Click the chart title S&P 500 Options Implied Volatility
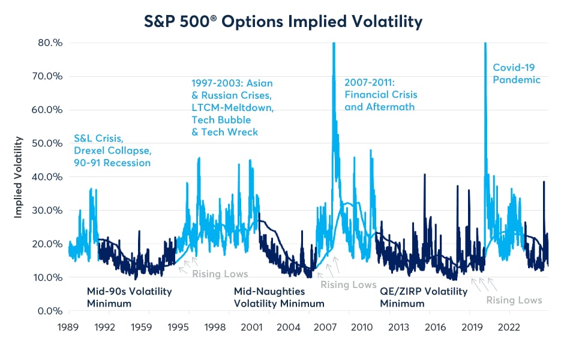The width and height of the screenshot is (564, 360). pos(281,22)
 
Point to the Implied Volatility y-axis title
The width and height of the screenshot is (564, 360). pos(19,177)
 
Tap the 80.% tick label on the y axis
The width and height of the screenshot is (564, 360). pos(51,43)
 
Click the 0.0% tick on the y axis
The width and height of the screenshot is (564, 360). pos(52,311)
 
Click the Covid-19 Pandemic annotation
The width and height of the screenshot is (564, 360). pos(517,74)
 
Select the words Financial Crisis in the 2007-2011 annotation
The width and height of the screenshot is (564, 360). pos(380,95)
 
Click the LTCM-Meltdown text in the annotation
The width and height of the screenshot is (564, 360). pos(233,107)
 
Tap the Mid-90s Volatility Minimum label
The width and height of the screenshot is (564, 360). pos(129,298)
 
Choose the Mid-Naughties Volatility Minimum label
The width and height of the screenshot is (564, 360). pos(279,298)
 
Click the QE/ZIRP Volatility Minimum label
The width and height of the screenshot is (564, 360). pos(424,298)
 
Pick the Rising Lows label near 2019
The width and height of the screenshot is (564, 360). pos(514,300)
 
